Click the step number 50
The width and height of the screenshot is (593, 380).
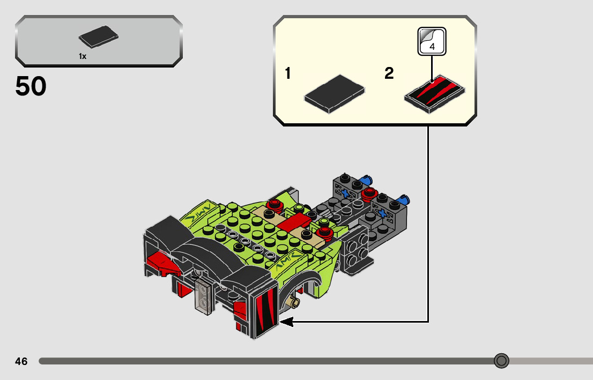(31, 86)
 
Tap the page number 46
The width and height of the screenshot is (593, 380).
(21, 362)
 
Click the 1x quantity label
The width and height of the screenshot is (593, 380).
(83, 56)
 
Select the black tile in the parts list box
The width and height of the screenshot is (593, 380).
(98, 36)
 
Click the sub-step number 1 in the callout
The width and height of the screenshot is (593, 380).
(288, 73)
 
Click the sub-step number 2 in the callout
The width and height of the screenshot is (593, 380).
(389, 73)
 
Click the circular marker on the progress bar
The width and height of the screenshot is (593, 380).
(501, 361)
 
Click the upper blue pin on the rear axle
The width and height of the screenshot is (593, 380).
(367, 178)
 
